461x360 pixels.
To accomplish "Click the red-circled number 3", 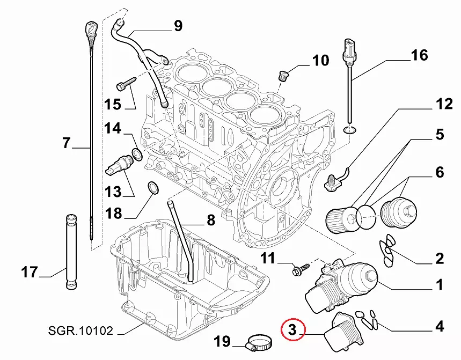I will coord(292,331).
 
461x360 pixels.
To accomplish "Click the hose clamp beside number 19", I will coord(259,341).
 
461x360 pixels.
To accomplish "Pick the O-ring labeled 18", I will coord(153,188).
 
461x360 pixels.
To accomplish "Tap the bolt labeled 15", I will coord(124,84).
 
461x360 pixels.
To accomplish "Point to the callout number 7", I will coord(66,143).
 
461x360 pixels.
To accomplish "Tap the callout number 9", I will coord(177,25).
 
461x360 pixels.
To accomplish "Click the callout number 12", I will coord(444,105).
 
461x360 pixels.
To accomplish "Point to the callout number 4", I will coord(440,326).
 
